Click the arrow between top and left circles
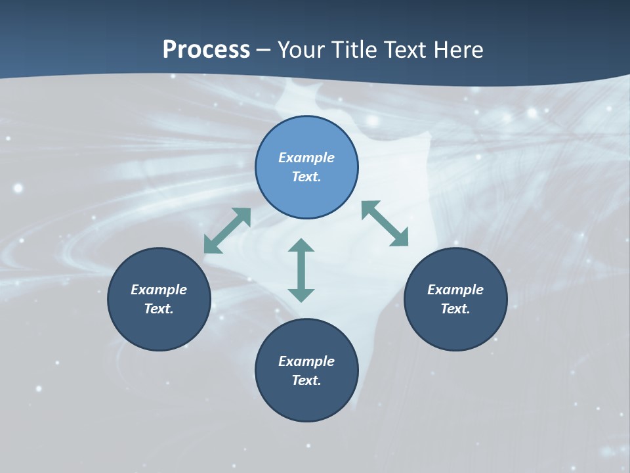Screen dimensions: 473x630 tap(227, 231)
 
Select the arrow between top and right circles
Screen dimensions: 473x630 tap(385, 223)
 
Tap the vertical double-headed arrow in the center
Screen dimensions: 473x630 tap(301, 270)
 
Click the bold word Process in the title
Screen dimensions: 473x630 tap(206, 49)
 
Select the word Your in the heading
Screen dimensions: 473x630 tap(302, 49)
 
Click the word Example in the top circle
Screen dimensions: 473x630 tap(306, 158)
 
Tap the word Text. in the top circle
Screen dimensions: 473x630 tap(306, 177)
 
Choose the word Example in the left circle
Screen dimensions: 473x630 tap(159, 290)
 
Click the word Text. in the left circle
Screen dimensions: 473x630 tap(159, 309)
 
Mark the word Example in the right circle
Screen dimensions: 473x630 tap(455, 290)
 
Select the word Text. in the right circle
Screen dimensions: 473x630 tap(455, 309)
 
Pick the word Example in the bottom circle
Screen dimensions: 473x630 tap(306, 361)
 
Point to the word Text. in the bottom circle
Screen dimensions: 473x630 tap(306, 380)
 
